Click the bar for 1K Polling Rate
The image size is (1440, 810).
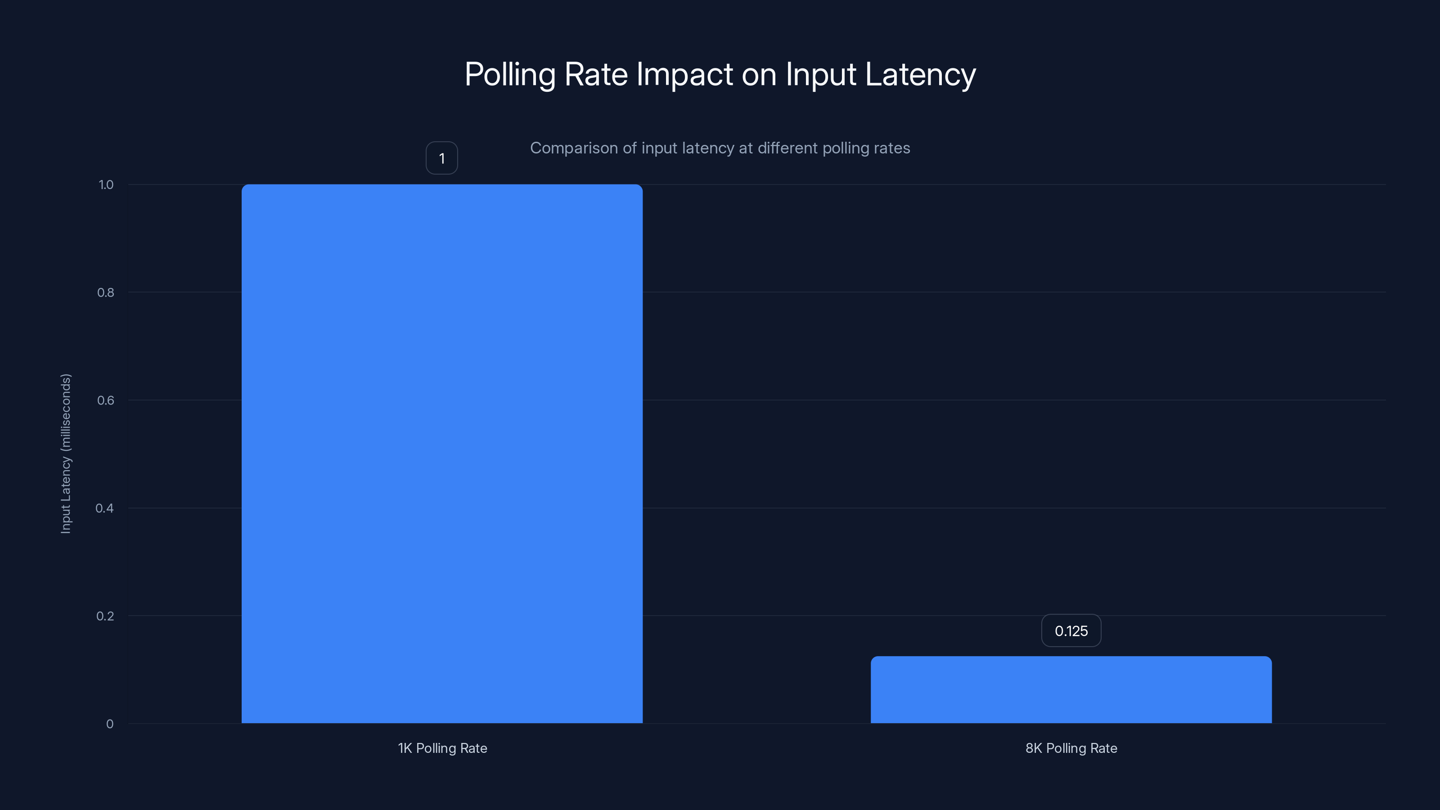[441, 453]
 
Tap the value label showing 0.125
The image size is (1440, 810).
[1071, 630]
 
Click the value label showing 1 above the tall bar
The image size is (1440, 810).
[441, 158]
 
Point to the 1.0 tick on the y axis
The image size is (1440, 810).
[106, 184]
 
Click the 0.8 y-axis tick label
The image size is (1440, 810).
[105, 292]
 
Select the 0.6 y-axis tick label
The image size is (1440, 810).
[105, 400]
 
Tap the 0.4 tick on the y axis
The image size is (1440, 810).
[104, 508]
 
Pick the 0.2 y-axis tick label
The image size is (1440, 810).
[105, 616]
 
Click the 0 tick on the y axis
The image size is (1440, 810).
[109, 724]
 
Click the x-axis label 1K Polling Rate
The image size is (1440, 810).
[442, 748]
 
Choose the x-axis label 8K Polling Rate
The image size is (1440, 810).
[1071, 748]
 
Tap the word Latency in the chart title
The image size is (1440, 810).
[920, 74]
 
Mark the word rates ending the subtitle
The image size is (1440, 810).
[893, 148]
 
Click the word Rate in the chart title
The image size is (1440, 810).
[596, 74]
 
